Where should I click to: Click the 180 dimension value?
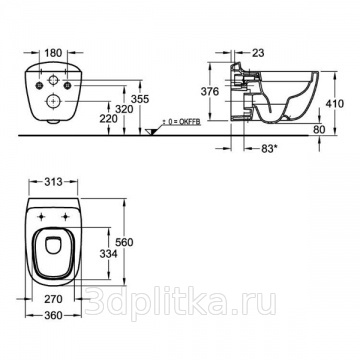[x=53, y=53]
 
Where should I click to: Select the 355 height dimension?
[x=140, y=99]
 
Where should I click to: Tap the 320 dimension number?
[x=124, y=109]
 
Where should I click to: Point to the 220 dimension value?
[x=109, y=119]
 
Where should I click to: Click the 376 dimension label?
[x=210, y=91]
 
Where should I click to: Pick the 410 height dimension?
[x=334, y=104]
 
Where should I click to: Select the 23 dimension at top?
[x=258, y=53]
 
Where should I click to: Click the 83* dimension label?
[x=269, y=149]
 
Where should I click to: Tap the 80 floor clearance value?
[x=319, y=130]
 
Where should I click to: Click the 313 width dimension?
[x=53, y=182]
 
